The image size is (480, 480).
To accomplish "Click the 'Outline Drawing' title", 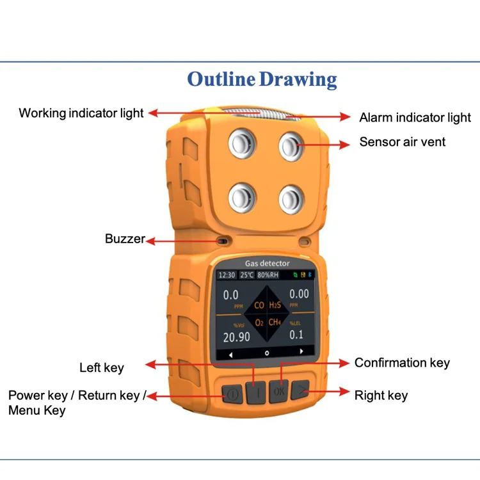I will point(262,79).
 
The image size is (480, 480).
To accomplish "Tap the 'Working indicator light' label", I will point(81,113).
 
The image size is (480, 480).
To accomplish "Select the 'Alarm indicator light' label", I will point(415,118).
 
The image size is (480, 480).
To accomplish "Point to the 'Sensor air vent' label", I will point(403,142).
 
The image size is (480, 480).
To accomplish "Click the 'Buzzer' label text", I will point(125,239).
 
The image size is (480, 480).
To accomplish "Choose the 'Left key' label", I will point(102,367).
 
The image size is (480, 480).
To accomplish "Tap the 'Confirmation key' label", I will point(402,363).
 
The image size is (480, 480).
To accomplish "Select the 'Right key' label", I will point(381,396).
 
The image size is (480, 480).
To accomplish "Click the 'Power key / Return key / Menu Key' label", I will point(77,403).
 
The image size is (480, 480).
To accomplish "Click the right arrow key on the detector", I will point(300,391).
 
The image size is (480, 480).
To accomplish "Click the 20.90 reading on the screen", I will point(236,337).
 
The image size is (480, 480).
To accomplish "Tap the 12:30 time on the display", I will point(227,275).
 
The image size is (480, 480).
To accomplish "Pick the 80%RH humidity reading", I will point(268,275).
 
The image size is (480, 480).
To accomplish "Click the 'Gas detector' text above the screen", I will point(267,263).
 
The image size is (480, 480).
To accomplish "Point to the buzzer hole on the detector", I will point(222,241).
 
